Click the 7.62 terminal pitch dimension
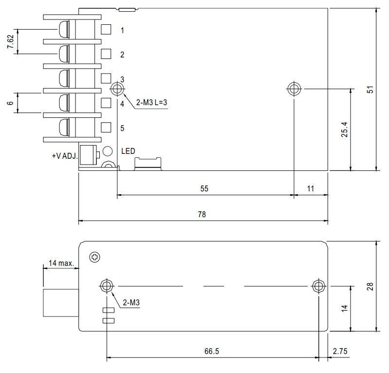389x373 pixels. tap(10, 41)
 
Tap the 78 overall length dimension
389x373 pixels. tap(202, 214)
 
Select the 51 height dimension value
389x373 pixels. tap(370, 90)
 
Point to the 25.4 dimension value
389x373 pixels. tap(345, 130)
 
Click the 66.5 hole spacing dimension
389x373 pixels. tap(212, 351)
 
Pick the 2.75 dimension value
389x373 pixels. tap(340, 351)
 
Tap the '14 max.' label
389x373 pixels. tap(61, 263)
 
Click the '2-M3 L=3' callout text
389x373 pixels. tap(151, 102)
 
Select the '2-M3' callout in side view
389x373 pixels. tap(131, 302)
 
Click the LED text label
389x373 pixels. tap(128, 151)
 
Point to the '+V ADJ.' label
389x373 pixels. tap(65, 156)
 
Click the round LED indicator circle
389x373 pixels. tap(108, 151)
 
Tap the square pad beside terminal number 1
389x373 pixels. tap(106, 29)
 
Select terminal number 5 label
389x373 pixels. tap(122, 128)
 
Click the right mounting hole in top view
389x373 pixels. tap(294, 89)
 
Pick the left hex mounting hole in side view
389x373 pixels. tap(107, 286)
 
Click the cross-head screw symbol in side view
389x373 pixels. tap(94, 257)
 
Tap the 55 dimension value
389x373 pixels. tap(204, 188)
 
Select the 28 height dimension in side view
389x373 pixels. tap(370, 286)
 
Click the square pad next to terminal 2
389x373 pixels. tap(106, 54)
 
